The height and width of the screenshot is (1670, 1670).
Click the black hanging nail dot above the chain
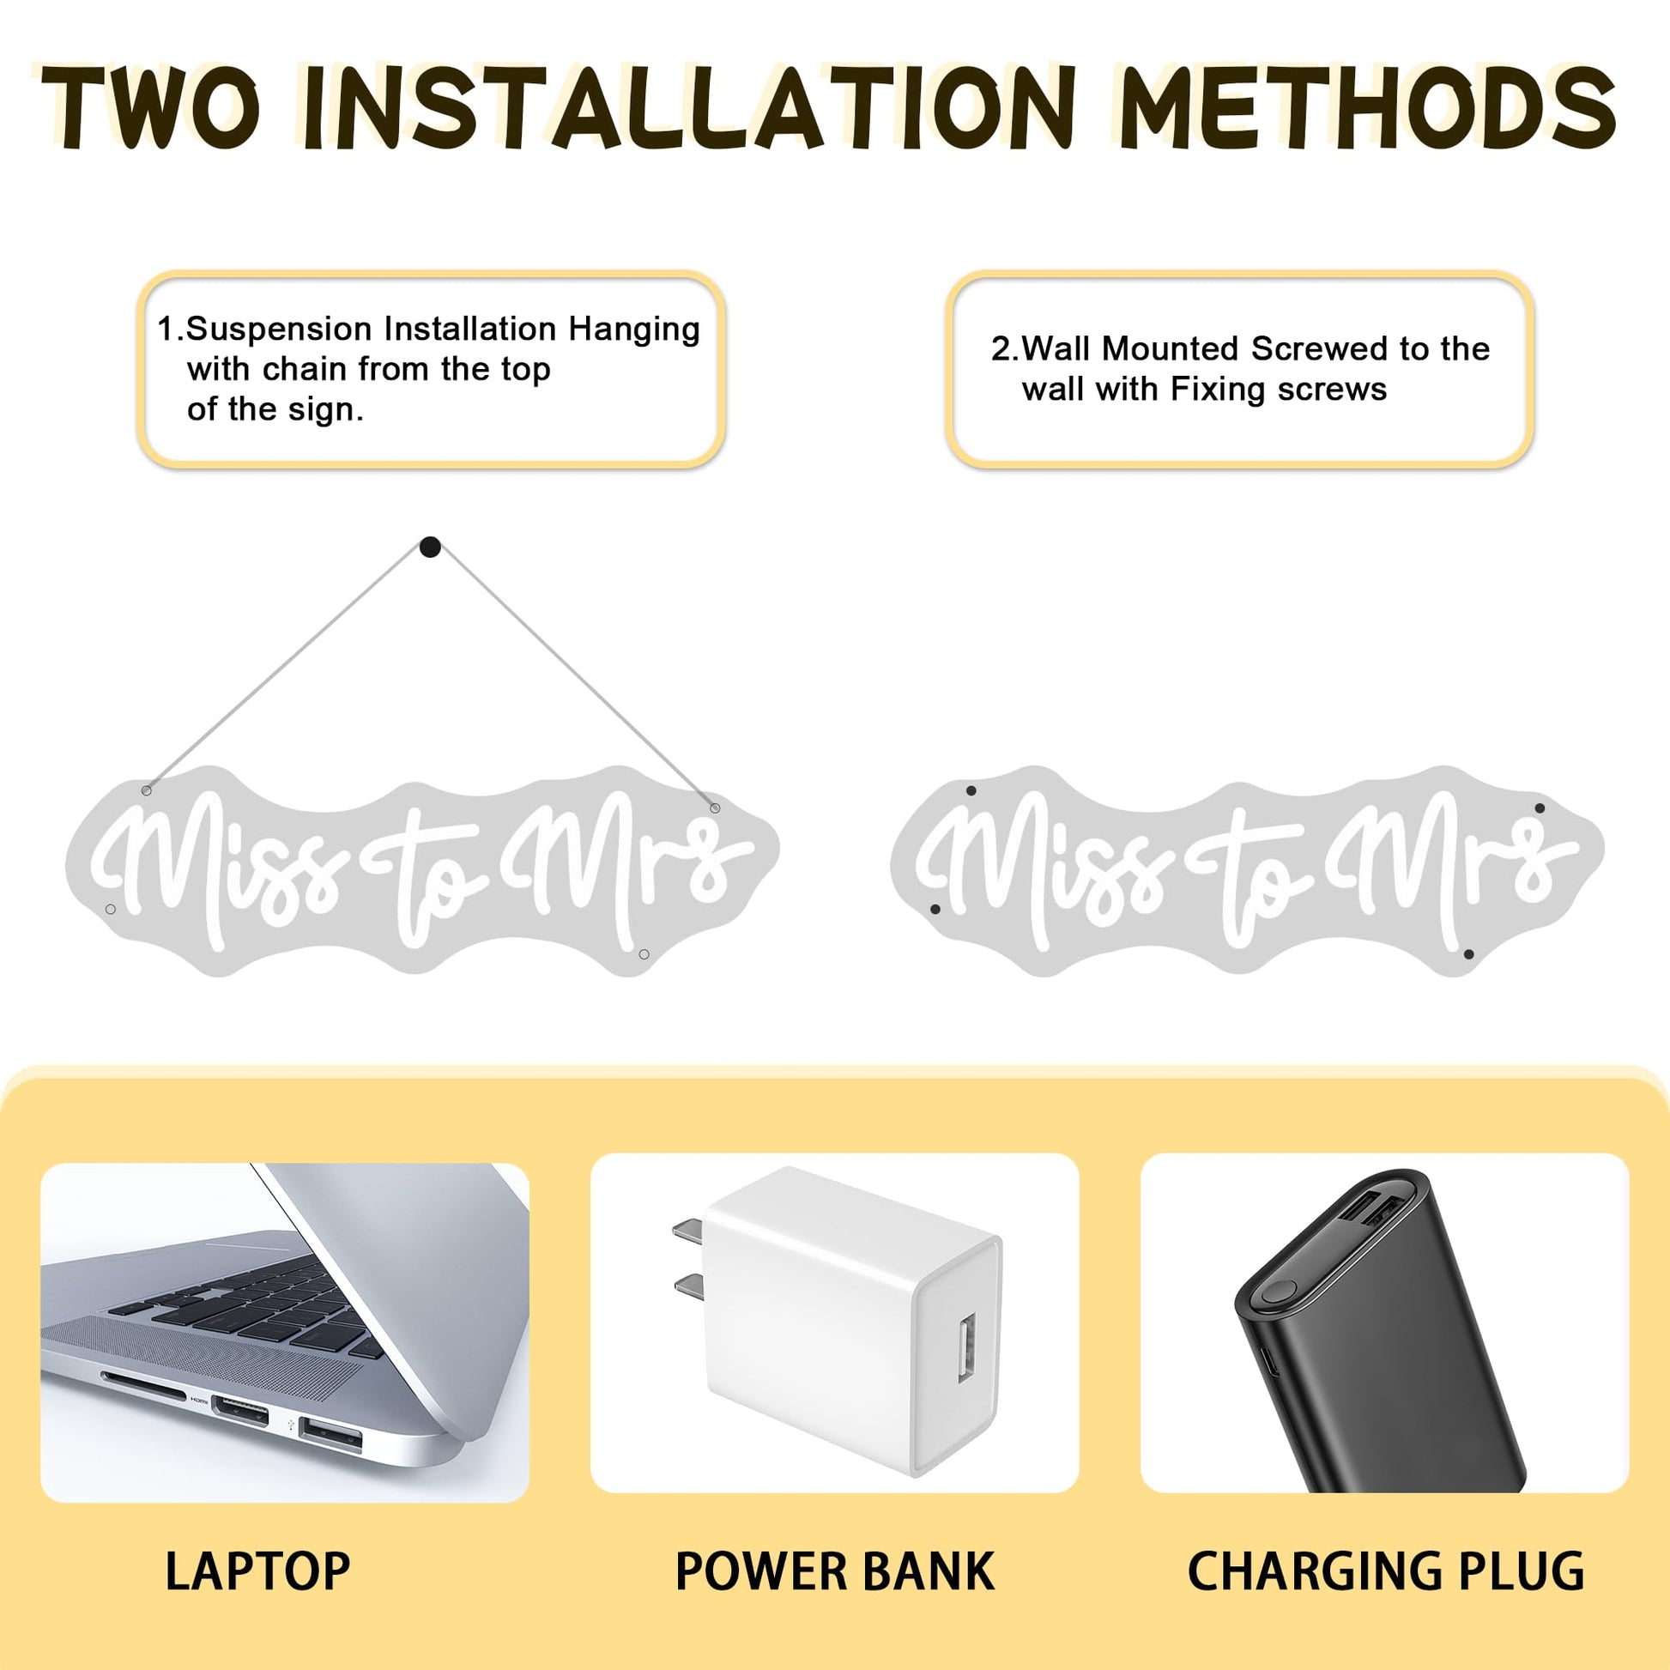coord(430,548)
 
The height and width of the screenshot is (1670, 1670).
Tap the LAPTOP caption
coord(257,1571)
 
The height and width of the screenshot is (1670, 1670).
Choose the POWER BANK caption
coord(834,1571)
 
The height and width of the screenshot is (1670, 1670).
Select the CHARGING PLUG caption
coord(1386,1571)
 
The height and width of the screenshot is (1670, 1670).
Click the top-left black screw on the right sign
coord(971,790)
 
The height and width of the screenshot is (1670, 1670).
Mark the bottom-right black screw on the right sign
coord(1468,954)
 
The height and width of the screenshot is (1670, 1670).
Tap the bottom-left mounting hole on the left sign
coord(110,910)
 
